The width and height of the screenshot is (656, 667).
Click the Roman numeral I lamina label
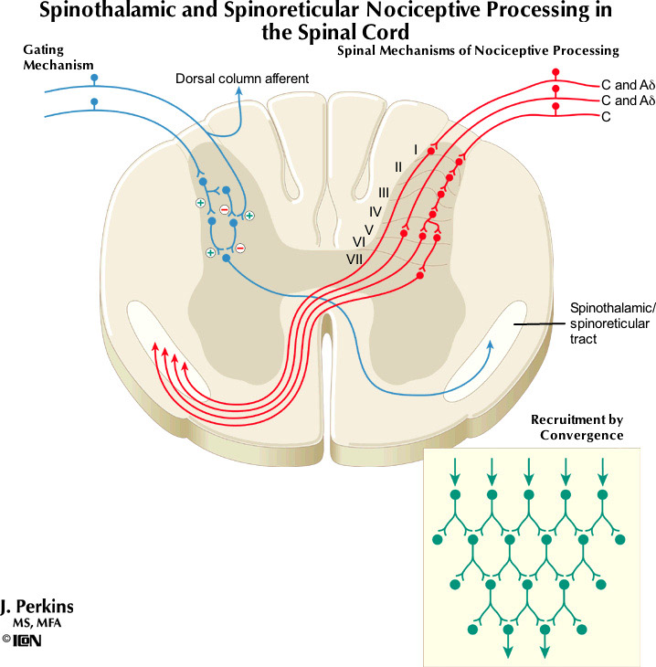pos(416,149)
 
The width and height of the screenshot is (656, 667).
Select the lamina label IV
pos(375,211)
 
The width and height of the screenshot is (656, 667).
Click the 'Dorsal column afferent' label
pos(242,79)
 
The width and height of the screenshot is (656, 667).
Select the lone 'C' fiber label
pos(607,117)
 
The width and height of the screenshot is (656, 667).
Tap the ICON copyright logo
pos(22,641)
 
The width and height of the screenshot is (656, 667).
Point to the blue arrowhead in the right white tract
pos(491,344)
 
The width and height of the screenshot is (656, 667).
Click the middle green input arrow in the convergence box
pos(528,479)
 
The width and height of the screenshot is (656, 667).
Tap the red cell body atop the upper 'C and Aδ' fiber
pos(553,72)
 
